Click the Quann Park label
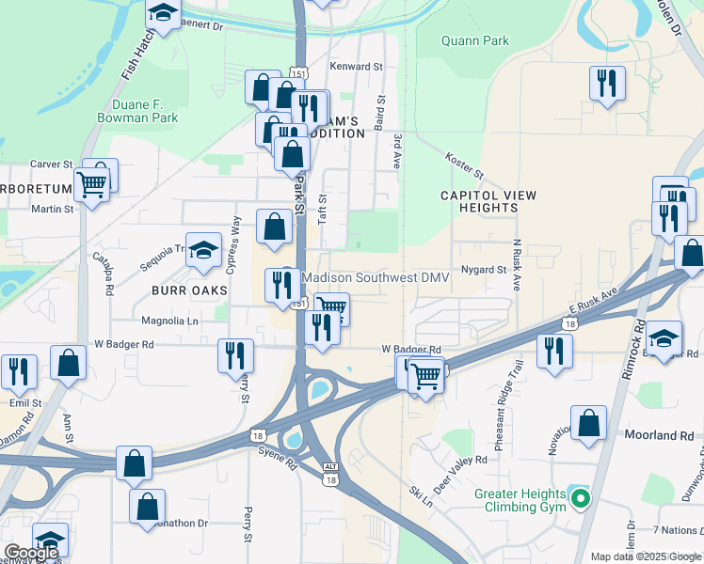tap(476, 40)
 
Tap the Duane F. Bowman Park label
tap(138, 112)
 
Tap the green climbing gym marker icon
tap(581, 498)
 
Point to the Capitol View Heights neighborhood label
tap(488, 201)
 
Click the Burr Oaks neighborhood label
tap(189, 290)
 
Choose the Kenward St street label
tap(357, 67)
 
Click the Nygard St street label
tap(484, 270)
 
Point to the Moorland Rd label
tap(659, 436)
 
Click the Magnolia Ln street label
tap(169, 321)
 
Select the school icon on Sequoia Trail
tap(202, 250)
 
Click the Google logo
tap(31, 554)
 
